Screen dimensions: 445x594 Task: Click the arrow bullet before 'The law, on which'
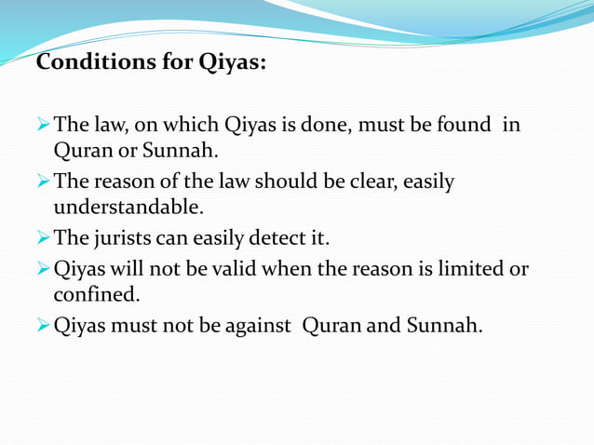pyautogui.click(x=43, y=124)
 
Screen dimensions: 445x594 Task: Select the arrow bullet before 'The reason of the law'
pyautogui.click(x=43, y=182)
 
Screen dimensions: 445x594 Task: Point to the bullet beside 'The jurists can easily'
pyautogui.click(x=43, y=239)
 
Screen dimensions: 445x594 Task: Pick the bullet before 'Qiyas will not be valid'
pyautogui.click(x=43, y=270)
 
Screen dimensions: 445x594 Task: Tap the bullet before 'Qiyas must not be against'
pyautogui.click(x=43, y=328)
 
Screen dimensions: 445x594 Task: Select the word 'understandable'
pyautogui.click(x=128, y=207)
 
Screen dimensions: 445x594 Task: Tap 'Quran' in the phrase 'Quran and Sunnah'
pyautogui.click(x=329, y=328)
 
